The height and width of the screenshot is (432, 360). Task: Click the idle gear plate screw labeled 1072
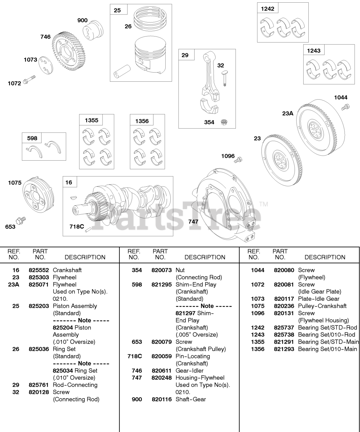[29, 80]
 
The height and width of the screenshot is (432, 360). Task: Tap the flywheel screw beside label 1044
[345, 107]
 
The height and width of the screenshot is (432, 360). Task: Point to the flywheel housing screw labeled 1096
[238, 160]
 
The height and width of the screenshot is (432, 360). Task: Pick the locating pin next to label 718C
[88, 229]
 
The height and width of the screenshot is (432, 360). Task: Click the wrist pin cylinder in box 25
[122, 71]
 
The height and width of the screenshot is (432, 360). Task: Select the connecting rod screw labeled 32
[225, 78]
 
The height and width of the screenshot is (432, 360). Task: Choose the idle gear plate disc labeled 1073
[46, 65]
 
